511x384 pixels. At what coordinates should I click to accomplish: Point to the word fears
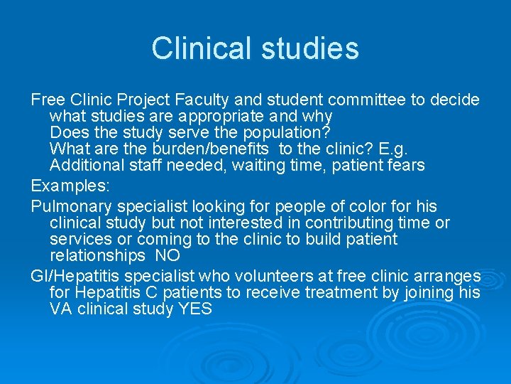point(405,165)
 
